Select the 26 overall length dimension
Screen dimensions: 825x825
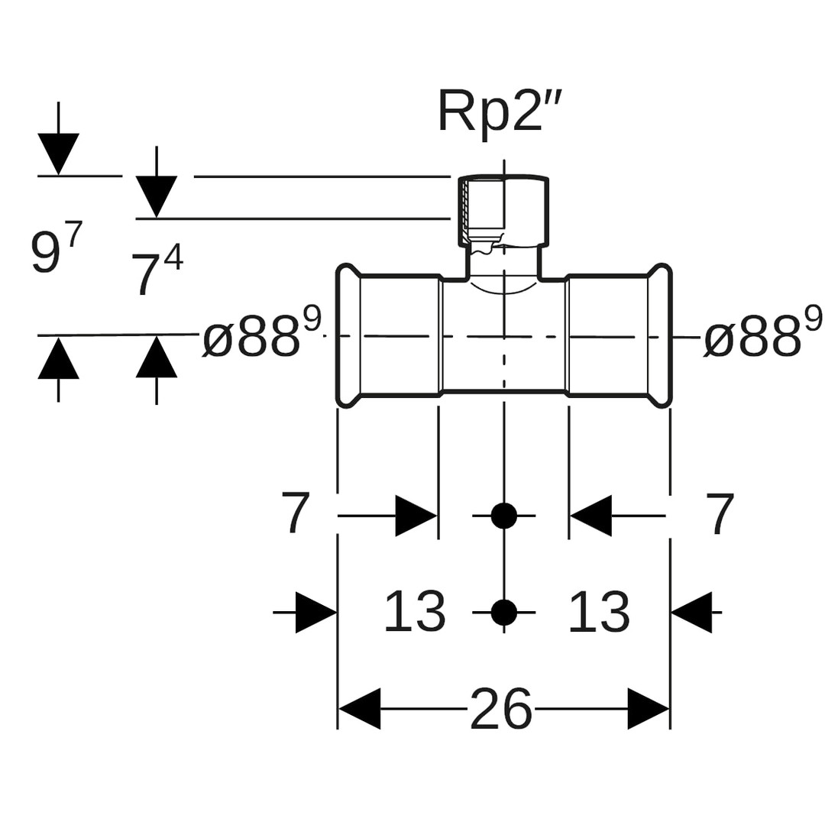pos(500,709)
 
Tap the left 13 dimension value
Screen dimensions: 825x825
pos(414,612)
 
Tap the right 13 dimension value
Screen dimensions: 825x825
pos(599,612)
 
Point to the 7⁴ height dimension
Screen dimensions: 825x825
pos(157,271)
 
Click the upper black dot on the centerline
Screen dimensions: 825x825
pos(503,516)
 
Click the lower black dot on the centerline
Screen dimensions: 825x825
pos(503,612)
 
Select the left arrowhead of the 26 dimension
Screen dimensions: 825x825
pos(359,709)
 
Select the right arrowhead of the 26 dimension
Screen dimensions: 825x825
pos(649,709)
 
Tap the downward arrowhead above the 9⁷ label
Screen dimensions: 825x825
pos(58,154)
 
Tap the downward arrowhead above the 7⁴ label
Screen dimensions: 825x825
pos(157,196)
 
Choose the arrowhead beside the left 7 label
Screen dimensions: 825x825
pos(416,516)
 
